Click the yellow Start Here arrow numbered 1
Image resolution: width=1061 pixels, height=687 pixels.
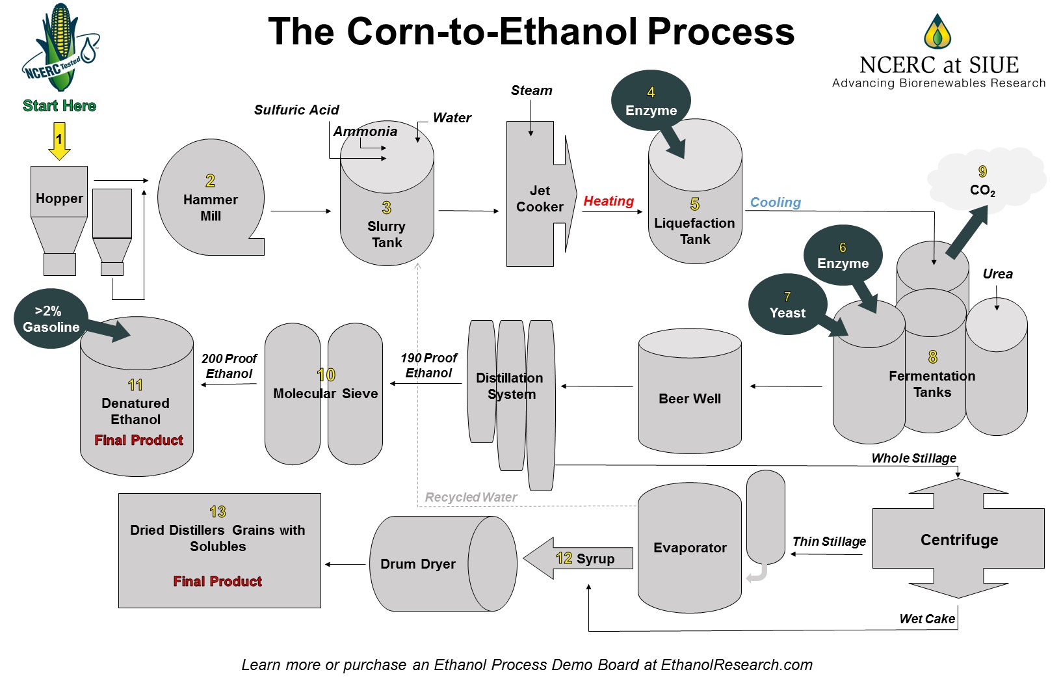59,141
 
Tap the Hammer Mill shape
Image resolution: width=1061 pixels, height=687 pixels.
210,198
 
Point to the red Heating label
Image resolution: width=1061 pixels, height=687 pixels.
609,201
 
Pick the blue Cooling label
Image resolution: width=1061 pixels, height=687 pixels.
776,202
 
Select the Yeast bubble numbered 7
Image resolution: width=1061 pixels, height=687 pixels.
787,305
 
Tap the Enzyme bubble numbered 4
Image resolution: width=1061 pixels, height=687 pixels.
651,101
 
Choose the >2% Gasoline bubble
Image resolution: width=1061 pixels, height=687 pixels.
49,319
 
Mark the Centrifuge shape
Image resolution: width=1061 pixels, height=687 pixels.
958,539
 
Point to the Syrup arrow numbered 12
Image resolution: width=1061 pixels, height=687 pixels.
579,558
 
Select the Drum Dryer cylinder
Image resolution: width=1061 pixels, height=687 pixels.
442,563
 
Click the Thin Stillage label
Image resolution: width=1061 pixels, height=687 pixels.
829,541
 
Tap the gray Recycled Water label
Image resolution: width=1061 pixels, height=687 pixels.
471,497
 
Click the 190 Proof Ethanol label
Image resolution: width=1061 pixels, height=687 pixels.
428,366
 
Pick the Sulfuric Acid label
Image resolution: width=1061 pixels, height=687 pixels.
296,110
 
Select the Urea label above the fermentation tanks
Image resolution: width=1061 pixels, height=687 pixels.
997,274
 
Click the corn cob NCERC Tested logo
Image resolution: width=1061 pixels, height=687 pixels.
60,49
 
